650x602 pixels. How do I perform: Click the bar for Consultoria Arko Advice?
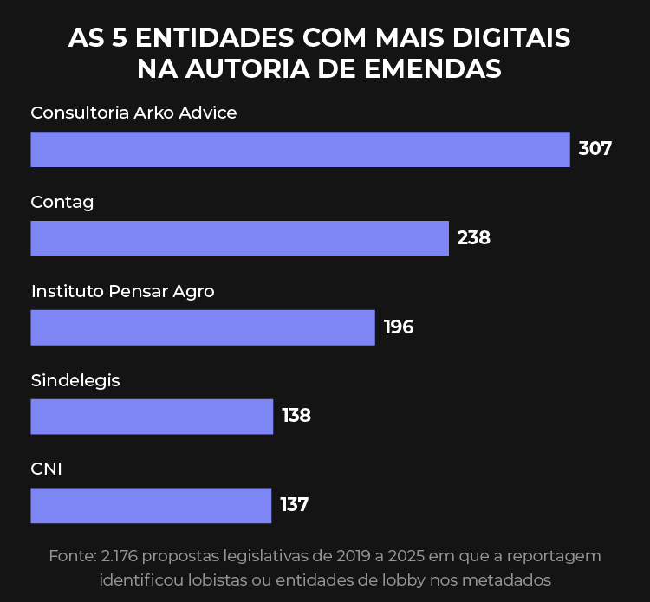coord(300,149)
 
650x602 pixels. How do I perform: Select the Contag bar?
coord(239,238)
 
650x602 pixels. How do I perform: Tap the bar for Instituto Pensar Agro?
coord(203,327)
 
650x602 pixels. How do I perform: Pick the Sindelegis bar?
coord(152,417)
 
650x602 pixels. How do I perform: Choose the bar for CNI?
coord(151,506)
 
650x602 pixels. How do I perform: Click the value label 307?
coord(595,149)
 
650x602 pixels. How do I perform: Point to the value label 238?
coord(474,238)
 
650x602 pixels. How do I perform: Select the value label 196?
coord(399,327)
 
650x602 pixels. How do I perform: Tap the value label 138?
coord(296,417)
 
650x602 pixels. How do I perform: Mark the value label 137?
coord(295,505)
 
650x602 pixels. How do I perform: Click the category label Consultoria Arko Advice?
coord(133,113)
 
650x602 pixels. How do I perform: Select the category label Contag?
coord(62,202)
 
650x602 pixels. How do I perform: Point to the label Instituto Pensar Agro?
coord(122,292)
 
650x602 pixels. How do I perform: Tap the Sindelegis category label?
coord(75,380)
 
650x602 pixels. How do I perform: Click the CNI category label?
coord(47,469)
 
